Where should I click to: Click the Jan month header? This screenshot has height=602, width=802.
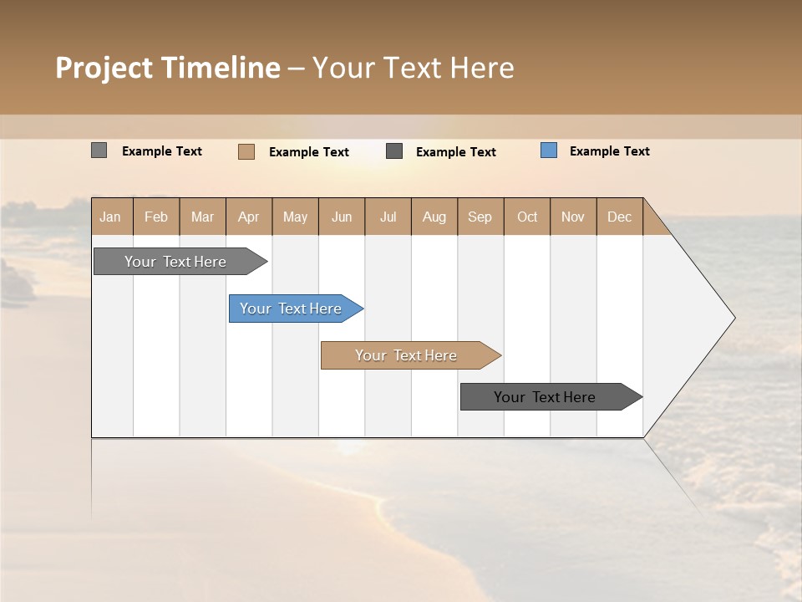coord(110,217)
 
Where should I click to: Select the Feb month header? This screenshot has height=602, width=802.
coord(156,217)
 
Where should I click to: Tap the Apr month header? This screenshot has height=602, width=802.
coord(248,217)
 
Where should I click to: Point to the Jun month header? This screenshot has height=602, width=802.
coord(342,217)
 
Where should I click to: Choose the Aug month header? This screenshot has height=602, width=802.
coord(434,217)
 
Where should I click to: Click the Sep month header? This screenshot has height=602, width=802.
coord(480,217)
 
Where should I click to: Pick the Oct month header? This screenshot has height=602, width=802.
coord(527,217)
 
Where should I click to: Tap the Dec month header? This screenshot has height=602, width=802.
coord(619,217)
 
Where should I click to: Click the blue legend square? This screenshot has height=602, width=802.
coord(549,150)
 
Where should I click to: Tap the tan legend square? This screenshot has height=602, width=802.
coord(246,151)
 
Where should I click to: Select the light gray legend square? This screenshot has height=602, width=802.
coord(99,150)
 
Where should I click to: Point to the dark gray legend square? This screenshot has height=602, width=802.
coord(394,150)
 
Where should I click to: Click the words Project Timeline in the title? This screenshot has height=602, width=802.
coord(168,68)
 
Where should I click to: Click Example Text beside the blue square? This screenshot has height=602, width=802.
coord(609,151)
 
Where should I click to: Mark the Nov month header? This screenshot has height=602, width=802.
coord(572,217)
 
